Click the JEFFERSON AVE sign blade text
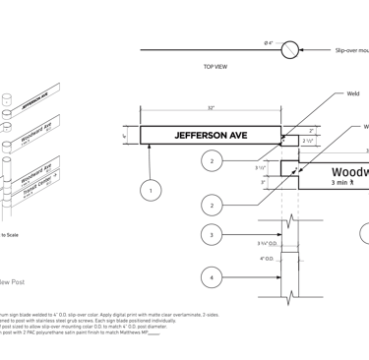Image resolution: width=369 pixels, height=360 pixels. pos(211,135)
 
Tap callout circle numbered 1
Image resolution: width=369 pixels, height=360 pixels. pos(150,190)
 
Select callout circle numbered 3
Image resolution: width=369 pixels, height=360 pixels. pos(212,234)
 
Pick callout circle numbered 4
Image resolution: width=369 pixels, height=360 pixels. pos(212,278)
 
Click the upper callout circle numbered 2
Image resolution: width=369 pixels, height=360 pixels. pos(212,160)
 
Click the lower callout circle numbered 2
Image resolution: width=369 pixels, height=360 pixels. pos(212,206)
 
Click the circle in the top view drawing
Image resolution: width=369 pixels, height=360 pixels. pos(291,50)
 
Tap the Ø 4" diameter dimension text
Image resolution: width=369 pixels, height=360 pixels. pos(268,42)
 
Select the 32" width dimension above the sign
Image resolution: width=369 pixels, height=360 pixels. pos(211,107)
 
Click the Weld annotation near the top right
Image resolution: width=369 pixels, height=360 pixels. pos(352,94)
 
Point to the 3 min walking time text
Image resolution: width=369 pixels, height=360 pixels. pos(345,183)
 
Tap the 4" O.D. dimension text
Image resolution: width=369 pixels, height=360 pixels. pos(267,259)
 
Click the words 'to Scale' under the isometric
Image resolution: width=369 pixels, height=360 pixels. pos(9,235)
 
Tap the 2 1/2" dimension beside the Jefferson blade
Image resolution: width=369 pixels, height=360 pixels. pos(308,141)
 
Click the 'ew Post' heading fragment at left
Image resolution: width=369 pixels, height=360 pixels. pos(12,282)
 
